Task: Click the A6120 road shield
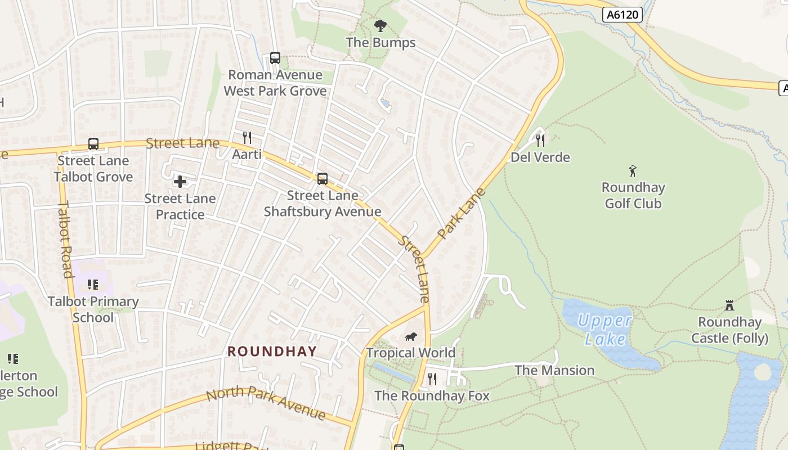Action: [x=623, y=15]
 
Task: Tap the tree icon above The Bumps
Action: [x=380, y=25]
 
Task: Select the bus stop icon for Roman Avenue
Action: [x=275, y=57]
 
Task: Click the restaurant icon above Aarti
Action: [x=247, y=137]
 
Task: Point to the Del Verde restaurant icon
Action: [x=540, y=140]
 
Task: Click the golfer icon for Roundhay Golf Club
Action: [x=633, y=171]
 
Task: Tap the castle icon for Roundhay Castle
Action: [x=729, y=305]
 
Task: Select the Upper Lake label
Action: [x=605, y=330]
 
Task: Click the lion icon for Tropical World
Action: [x=411, y=336]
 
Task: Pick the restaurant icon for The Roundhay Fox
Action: [x=432, y=379]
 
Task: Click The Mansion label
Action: [x=554, y=370]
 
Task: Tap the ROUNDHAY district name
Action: [x=272, y=352]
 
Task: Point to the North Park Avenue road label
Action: [x=265, y=403]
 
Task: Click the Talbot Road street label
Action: [x=66, y=238]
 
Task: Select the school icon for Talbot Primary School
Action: [x=93, y=285]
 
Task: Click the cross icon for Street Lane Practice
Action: [x=180, y=182]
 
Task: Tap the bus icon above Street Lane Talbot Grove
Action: [x=93, y=144]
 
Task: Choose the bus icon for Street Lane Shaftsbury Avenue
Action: [x=323, y=179]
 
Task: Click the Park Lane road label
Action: [x=461, y=213]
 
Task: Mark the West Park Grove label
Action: [x=275, y=91]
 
